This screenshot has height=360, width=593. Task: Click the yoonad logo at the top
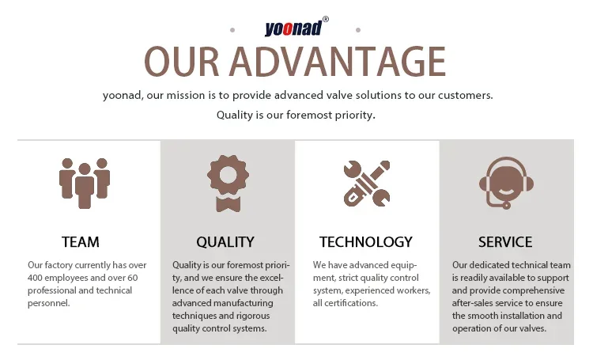pos(293,28)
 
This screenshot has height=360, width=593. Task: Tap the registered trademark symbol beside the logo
pos(325,19)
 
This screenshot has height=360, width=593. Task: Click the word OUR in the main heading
pos(182,62)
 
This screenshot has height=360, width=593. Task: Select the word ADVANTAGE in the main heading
pos(338,62)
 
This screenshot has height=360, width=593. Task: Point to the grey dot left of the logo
pos(232,30)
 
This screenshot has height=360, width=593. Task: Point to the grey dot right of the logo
pos(358,30)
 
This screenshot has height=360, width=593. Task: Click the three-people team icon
pos(85,184)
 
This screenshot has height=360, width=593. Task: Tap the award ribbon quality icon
pos(228,184)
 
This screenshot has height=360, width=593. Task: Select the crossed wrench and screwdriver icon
pos(366,184)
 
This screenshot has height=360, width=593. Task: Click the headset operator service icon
pos(506,183)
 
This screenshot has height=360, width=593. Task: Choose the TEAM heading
pos(81,242)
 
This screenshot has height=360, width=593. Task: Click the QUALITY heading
pos(225,242)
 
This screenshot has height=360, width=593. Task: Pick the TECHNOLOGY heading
pos(366,242)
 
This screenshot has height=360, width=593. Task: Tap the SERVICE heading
pos(505,242)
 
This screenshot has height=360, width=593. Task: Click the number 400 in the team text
pos(35,278)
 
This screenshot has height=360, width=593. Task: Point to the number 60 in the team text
pos(132,278)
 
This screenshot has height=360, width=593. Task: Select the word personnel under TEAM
pos(49,304)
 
